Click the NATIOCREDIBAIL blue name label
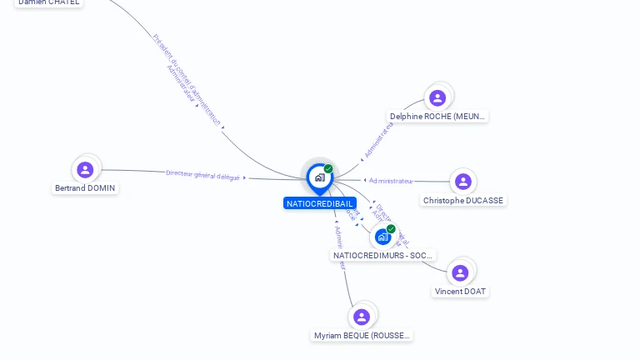[x=320, y=203]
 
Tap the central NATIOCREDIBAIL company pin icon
[x=319, y=177]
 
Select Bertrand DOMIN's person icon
[x=85, y=170]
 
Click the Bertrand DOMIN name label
[x=85, y=188]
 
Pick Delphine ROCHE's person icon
[x=437, y=98]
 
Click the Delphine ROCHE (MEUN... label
[x=437, y=117]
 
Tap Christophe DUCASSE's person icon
[x=463, y=182]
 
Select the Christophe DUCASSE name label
[x=463, y=201]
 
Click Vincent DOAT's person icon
[x=460, y=272]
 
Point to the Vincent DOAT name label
[x=461, y=292]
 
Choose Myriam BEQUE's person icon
[x=362, y=317]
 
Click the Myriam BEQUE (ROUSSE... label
[x=362, y=336]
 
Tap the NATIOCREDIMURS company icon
[x=382, y=237]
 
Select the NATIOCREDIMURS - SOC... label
[x=383, y=256]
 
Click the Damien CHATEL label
[x=49, y=2]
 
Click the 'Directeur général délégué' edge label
[x=202, y=175]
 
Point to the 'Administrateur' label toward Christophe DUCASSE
[x=391, y=181]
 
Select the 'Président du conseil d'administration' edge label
[x=187, y=80]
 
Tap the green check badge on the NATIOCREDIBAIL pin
[x=328, y=169]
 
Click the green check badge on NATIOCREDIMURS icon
[x=391, y=229]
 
